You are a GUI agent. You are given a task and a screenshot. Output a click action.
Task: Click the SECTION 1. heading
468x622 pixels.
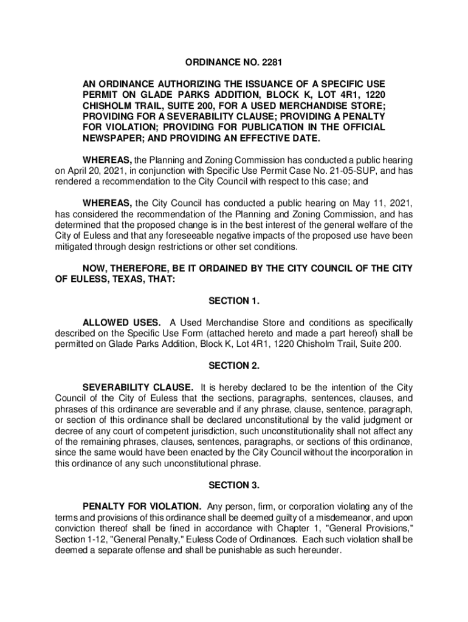pyautogui.click(x=234, y=301)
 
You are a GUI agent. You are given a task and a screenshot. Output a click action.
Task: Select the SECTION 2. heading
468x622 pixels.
pyautogui.click(x=234, y=366)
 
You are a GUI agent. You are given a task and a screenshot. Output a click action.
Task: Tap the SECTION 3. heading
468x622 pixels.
pyautogui.click(x=234, y=485)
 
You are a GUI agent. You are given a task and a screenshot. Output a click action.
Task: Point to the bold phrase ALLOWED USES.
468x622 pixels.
pyautogui.click(x=122, y=323)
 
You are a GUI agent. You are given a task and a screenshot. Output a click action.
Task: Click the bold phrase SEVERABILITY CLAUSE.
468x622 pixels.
pyautogui.click(x=139, y=388)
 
